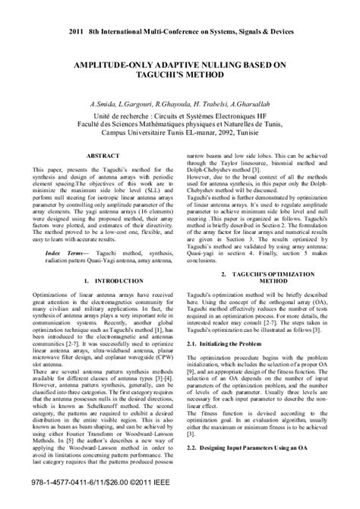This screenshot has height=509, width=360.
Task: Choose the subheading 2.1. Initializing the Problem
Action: pyautogui.click(x=223, y=323)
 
